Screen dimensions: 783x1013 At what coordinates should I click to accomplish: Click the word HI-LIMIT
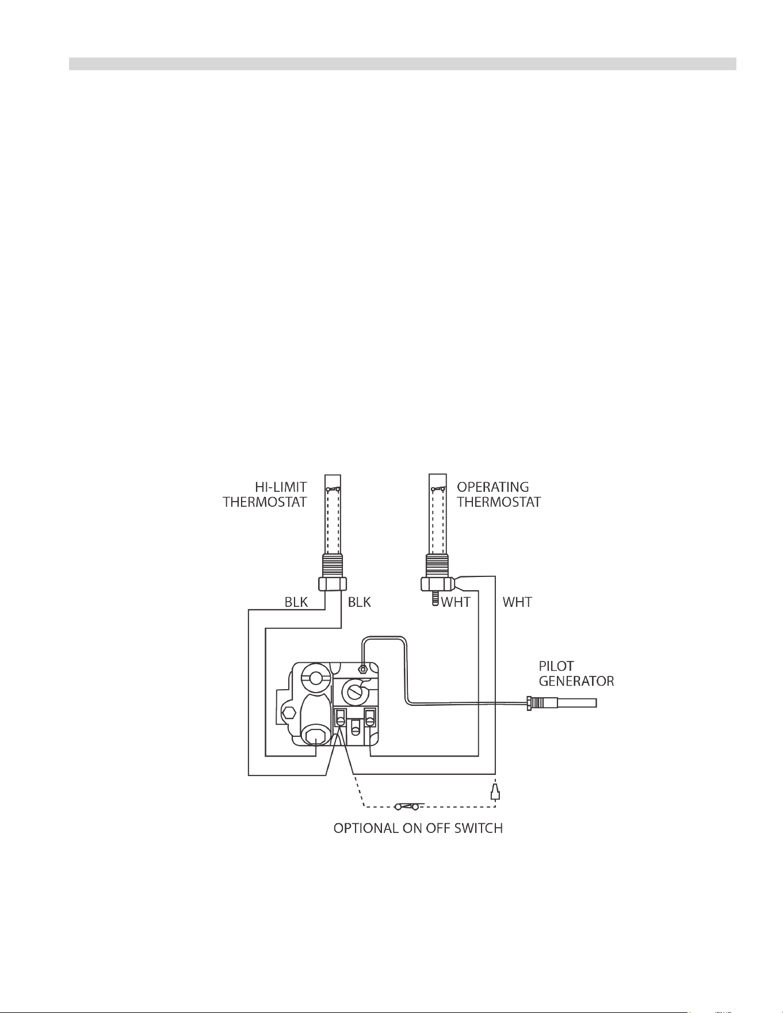click(281, 487)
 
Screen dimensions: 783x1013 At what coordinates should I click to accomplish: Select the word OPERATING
click(493, 487)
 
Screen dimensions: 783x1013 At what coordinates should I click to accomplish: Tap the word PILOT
click(556, 666)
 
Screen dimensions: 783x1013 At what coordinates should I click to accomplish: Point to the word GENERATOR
click(576, 682)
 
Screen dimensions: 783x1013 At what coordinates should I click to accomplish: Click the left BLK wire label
click(296, 602)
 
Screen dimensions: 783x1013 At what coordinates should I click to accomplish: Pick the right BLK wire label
click(360, 602)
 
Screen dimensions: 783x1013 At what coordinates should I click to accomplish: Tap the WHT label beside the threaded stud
click(456, 602)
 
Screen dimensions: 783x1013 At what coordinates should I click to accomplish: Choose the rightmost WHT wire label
click(517, 602)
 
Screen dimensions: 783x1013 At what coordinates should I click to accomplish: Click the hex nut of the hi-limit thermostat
click(333, 584)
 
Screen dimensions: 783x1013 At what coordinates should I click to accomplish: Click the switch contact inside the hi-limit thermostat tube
click(333, 490)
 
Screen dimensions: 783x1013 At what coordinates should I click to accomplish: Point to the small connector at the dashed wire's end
click(494, 792)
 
